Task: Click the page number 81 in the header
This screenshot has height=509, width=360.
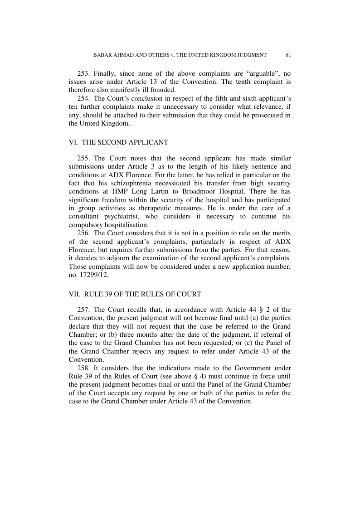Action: [x=288, y=55]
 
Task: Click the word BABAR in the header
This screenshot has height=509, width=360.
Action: [x=102, y=55]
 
